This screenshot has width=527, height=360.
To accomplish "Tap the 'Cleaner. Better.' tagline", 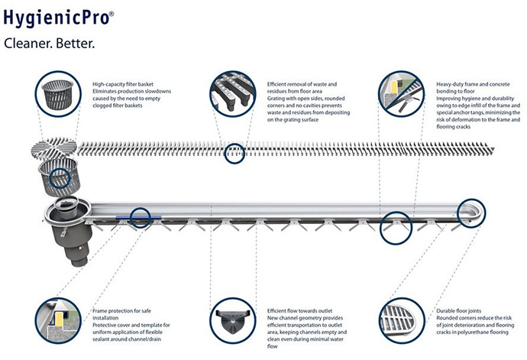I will coord(50,44).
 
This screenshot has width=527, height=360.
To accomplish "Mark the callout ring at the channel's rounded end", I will coord(472,211).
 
